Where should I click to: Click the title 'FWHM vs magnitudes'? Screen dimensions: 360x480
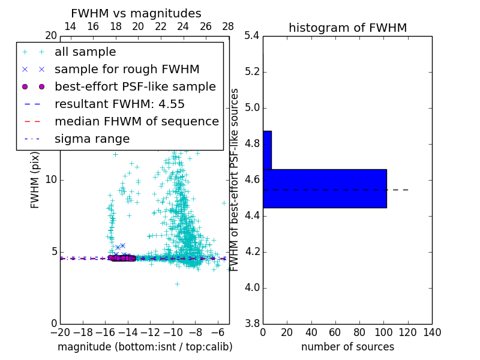click(136, 13)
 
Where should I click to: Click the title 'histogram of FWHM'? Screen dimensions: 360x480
click(347, 28)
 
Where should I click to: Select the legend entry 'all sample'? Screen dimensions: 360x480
click(85, 52)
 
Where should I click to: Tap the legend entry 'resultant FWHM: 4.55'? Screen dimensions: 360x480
click(119, 104)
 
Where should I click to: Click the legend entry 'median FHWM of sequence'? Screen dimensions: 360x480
click(136, 121)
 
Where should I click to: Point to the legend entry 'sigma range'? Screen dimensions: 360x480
click(92, 139)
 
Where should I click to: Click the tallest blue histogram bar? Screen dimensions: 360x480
click(325, 188)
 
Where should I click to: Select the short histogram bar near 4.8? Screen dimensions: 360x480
click(267, 150)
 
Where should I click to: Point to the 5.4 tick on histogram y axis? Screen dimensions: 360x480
click(253, 36)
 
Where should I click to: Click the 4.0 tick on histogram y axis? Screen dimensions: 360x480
click(253, 287)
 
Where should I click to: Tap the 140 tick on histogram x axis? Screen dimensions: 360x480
click(432, 332)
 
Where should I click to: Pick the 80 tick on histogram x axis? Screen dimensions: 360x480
click(359, 332)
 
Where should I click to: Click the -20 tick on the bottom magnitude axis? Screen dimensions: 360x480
click(60, 332)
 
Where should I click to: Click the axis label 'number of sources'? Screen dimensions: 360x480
click(347, 347)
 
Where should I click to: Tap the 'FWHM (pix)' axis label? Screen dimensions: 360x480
click(35, 180)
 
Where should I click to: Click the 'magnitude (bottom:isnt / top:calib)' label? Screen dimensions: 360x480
click(145, 347)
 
